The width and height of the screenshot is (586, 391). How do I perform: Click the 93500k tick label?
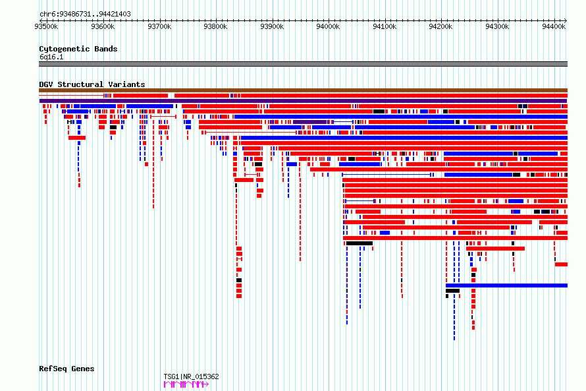(x=46, y=26)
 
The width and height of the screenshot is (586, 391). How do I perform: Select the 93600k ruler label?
(x=103, y=26)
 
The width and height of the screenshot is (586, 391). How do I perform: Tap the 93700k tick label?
(x=159, y=26)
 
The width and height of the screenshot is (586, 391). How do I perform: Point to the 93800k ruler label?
(x=215, y=26)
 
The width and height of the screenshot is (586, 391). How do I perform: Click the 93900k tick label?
(x=272, y=26)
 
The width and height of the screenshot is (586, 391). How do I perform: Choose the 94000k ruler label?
(x=328, y=26)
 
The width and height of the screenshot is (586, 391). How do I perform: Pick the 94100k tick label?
(x=385, y=26)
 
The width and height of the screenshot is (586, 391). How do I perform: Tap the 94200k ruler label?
(x=440, y=26)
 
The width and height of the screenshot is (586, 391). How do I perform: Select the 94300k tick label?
(x=497, y=26)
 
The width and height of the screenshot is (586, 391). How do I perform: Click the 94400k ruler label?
(x=554, y=26)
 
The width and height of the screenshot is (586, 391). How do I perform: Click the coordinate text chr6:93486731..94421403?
(x=85, y=15)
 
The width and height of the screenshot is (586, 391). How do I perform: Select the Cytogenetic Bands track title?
(x=78, y=49)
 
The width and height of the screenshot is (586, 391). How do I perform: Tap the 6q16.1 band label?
(x=51, y=57)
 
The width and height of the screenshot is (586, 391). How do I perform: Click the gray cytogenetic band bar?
(x=303, y=64)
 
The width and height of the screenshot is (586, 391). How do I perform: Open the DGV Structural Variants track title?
(x=92, y=84)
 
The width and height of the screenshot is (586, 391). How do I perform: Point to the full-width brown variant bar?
(x=303, y=90)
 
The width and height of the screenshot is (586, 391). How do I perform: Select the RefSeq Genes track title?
(x=67, y=369)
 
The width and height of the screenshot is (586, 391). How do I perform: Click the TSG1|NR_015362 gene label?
(x=192, y=376)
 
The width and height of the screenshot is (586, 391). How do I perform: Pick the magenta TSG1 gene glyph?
(x=186, y=384)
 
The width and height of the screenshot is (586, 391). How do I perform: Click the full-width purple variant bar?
(x=303, y=101)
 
